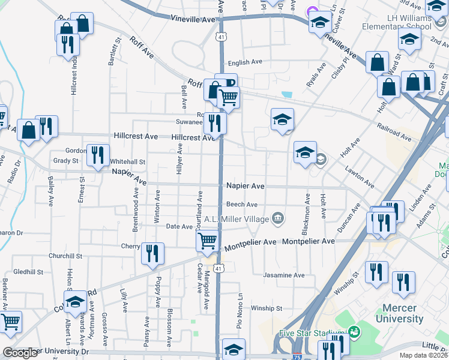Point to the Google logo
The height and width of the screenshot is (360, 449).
point(20,353)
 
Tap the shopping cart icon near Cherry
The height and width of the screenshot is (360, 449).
point(207,241)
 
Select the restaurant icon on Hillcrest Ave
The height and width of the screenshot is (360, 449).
point(214,122)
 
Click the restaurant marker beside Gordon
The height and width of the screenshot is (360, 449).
point(97,154)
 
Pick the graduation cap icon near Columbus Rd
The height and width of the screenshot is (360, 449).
point(76,301)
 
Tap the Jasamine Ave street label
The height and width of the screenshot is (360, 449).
point(284,275)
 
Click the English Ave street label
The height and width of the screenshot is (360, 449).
point(244,62)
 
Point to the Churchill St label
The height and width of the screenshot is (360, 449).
point(65,256)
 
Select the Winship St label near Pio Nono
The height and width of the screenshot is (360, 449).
point(267,308)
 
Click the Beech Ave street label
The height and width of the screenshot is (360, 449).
point(242,204)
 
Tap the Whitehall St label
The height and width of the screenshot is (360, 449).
point(128,162)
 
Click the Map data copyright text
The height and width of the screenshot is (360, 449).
point(422,355)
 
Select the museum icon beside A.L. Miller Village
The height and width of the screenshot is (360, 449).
point(277,218)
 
